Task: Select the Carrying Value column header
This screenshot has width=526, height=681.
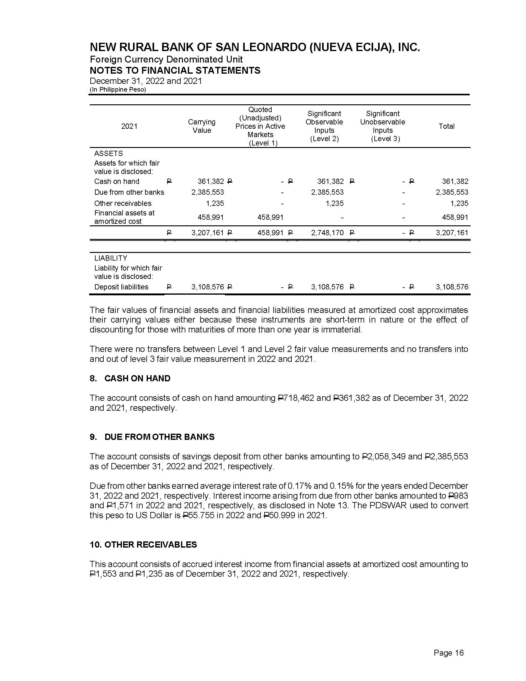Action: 202,126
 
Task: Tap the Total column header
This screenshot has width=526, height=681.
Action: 446,126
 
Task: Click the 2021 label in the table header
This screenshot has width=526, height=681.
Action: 129,126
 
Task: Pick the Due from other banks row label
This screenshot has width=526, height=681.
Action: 129,192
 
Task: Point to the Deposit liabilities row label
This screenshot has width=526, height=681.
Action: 121,287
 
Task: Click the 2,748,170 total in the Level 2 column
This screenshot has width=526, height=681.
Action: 327,232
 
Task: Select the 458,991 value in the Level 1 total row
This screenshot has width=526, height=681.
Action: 270,232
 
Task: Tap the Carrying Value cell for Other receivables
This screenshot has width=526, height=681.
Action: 215,203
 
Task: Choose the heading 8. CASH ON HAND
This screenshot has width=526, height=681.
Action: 130,378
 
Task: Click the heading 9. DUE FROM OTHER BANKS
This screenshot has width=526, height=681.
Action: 152,437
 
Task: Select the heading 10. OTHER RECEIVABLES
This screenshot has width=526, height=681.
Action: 143,544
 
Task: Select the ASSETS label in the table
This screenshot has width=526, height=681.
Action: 108,154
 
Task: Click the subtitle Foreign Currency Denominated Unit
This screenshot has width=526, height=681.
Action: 166,59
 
